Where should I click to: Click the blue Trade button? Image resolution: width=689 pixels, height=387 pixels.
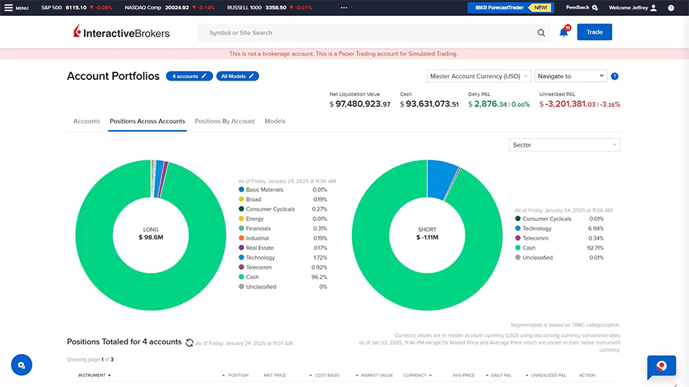pyautogui.click(x=594, y=32)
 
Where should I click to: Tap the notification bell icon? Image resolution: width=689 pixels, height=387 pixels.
pyautogui.click(x=564, y=32)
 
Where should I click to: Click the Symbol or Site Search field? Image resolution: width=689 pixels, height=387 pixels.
pyautogui.click(x=372, y=32)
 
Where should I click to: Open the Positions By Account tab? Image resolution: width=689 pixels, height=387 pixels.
pyautogui.click(x=225, y=121)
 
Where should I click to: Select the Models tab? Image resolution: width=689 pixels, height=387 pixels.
pyautogui.click(x=275, y=121)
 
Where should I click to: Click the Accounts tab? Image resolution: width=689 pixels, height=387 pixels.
pyautogui.click(x=87, y=121)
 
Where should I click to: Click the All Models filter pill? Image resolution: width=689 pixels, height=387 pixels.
pyautogui.click(x=238, y=76)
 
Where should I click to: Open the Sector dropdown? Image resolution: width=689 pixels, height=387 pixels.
pyautogui.click(x=565, y=145)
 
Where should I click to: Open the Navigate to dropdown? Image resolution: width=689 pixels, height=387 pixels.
pyautogui.click(x=571, y=76)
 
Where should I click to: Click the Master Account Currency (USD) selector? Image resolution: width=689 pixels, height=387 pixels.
pyautogui.click(x=479, y=76)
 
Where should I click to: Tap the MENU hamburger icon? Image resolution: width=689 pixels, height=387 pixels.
pyautogui.click(x=10, y=8)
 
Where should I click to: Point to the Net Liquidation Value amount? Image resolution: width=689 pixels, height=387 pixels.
pyautogui.click(x=360, y=104)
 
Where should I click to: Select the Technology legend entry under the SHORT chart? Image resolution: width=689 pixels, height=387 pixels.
pyautogui.click(x=537, y=229)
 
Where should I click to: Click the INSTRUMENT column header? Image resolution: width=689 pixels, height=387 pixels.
pyautogui.click(x=92, y=375)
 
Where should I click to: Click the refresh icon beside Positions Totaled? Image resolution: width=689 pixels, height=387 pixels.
pyautogui.click(x=189, y=342)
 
